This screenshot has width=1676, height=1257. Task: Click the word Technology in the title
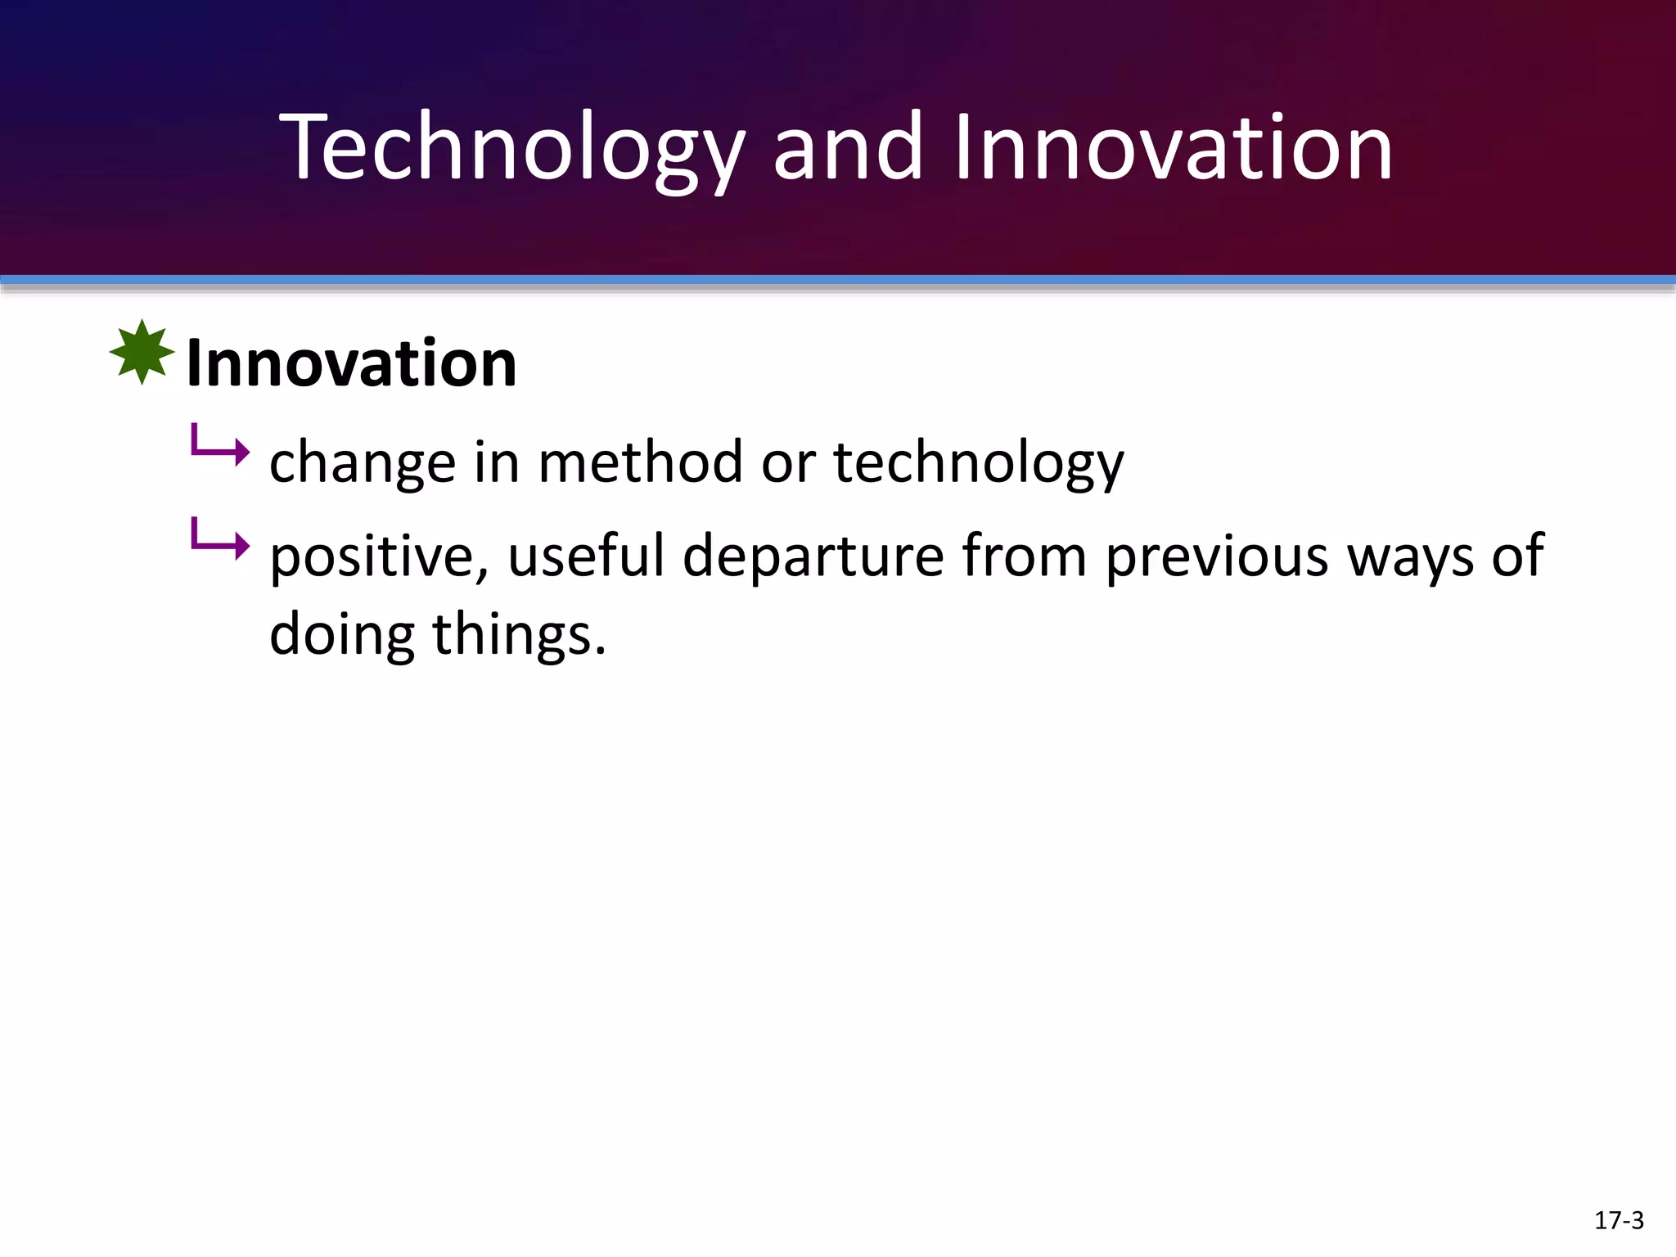(x=511, y=147)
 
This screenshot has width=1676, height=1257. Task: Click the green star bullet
(x=142, y=352)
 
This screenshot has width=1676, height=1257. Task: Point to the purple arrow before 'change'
(x=219, y=446)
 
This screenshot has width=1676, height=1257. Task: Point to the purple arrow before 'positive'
(x=219, y=539)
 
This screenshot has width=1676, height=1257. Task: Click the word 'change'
(x=363, y=462)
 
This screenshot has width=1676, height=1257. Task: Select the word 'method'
(x=640, y=462)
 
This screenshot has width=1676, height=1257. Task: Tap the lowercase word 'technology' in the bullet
(x=979, y=462)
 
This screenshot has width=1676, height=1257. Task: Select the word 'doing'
(x=342, y=634)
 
